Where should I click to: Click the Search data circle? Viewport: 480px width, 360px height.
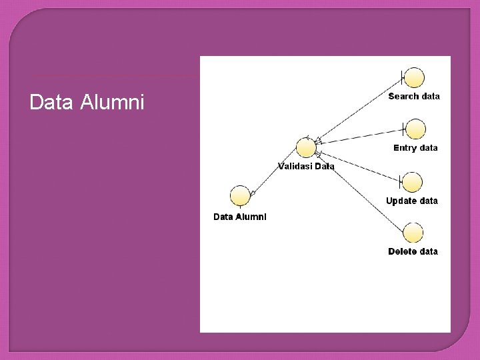tap(414, 78)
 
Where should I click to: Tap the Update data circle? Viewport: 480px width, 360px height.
tap(413, 182)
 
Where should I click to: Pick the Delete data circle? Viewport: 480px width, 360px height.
tap(413, 233)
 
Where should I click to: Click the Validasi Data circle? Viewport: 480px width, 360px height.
tap(306, 147)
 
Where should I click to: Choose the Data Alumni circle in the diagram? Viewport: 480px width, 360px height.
tap(240, 196)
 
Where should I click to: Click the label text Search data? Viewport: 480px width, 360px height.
tap(414, 96)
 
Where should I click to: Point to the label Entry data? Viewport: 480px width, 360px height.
tap(415, 147)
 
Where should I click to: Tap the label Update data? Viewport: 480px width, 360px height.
tap(412, 201)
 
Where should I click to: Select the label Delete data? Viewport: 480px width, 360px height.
tap(413, 251)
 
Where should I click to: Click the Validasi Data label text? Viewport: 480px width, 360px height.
tap(306, 166)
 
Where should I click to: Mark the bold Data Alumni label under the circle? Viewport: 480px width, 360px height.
tap(240, 216)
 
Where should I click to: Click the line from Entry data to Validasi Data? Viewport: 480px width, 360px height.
tap(360, 134)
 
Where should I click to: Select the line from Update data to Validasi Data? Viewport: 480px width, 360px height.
tap(360, 167)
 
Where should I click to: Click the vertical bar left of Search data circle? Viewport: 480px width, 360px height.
tap(402, 77)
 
